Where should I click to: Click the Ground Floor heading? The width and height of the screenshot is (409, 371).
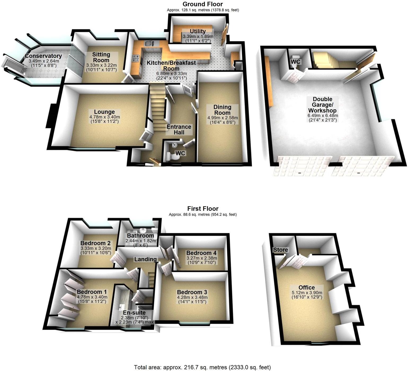click(x=203, y=4)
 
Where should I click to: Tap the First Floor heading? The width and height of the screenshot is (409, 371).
click(x=203, y=208)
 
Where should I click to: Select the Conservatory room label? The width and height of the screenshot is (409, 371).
click(x=43, y=56)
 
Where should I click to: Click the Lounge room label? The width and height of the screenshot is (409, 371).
click(x=104, y=112)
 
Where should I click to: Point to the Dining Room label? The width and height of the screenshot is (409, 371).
click(x=222, y=110)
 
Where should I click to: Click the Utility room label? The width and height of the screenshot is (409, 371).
click(x=198, y=31)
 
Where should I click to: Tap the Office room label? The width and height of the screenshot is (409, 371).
click(x=306, y=287)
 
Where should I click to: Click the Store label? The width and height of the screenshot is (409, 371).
click(x=281, y=250)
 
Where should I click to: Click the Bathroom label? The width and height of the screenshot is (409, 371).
click(x=140, y=236)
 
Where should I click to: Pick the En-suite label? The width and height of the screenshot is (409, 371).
click(x=134, y=313)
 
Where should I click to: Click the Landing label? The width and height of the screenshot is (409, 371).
click(x=145, y=259)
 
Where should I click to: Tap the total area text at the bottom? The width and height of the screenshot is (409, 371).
click(x=202, y=367)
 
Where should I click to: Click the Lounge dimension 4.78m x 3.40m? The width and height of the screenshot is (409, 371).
click(x=104, y=117)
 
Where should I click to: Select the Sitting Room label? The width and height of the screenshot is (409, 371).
click(x=101, y=57)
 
